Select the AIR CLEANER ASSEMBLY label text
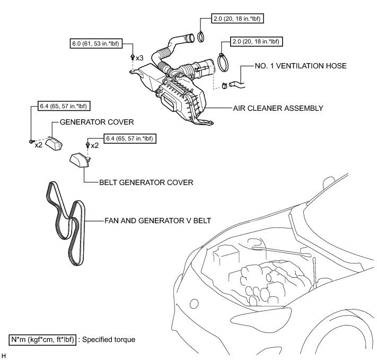click(278, 108)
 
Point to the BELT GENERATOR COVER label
click(146, 181)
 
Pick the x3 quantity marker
click(140, 57)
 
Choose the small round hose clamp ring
click(202, 37)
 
